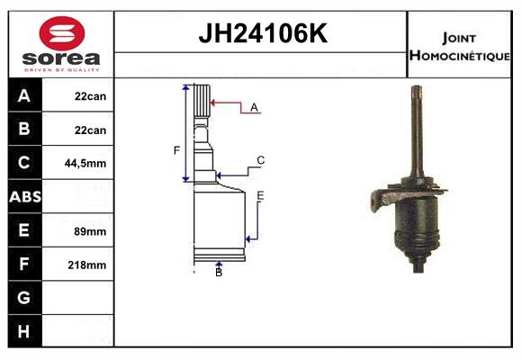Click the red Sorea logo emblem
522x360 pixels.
62,33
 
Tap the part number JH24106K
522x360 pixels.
263,33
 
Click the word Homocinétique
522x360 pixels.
459,55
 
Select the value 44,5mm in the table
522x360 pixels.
85,163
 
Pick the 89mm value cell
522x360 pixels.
90,231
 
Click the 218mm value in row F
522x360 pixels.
87,265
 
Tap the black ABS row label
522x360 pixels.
25,196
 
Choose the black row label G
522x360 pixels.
24,297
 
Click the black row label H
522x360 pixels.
24,331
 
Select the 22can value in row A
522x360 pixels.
91,96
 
